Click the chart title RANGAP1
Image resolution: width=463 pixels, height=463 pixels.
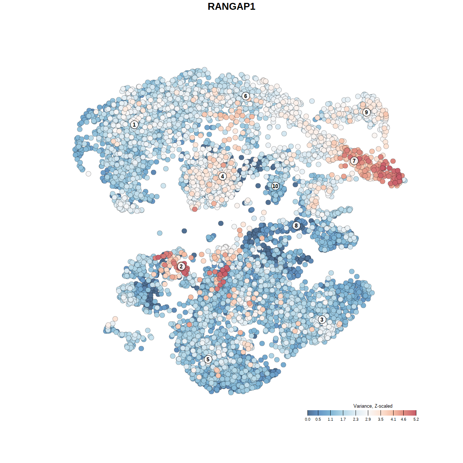(x=231, y=7)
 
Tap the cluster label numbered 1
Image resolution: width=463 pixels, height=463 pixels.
(x=134, y=124)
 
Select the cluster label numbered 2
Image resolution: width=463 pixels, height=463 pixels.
(x=181, y=267)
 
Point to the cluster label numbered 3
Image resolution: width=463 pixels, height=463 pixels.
(x=322, y=319)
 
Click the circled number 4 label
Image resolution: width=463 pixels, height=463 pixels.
(x=222, y=176)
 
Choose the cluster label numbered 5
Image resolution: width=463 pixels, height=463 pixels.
(x=208, y=359)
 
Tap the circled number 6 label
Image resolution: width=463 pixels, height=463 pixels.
(x=246, y=96)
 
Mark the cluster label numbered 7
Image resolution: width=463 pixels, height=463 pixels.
(x=354, y=161)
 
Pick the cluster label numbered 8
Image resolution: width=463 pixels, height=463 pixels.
(x=296, y=225)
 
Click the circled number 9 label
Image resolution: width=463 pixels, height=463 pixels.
(x=366, y=112)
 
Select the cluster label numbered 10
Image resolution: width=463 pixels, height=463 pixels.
(x=275, y=186)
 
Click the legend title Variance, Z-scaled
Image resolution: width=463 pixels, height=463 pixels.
(x=373, y=406)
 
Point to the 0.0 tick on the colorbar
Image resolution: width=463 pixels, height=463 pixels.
(x=307, y=419)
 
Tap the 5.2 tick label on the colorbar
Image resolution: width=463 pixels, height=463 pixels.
(x=416, y=419)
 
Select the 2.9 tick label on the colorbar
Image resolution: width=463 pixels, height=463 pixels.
(x=368, y=419)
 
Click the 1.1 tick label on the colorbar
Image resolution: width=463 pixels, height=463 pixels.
(x=330, y=419)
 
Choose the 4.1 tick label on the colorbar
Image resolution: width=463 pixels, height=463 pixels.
(x=393, y=419)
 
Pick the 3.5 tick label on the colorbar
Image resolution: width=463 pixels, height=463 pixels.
(x=381, y=419)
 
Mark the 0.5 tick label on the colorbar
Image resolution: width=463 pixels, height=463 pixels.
(x=318, y=419)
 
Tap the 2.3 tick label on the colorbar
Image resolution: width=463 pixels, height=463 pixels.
(x=356, y=419)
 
